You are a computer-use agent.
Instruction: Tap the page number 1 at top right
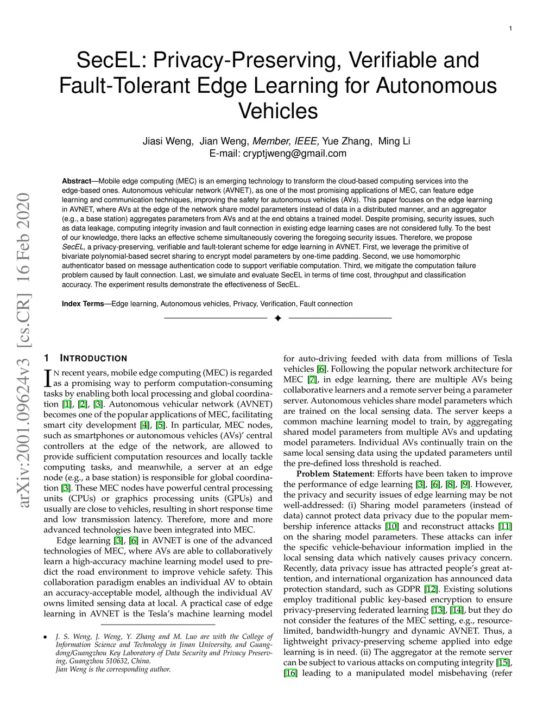[x=511, y=28]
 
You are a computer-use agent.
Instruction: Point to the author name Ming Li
[x=394, y=142]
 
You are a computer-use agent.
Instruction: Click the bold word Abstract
[x=76, y=181]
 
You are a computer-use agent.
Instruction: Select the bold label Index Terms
[x=83, y=304]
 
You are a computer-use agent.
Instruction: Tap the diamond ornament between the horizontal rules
[x=277, y=318]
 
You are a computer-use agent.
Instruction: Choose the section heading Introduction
[x=93, y=359]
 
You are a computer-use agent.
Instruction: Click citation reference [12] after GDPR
[x=431, y=589]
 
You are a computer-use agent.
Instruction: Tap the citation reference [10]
[x=391, y=526]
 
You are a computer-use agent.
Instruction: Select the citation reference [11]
[x=505, y=526]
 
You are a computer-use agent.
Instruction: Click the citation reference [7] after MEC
[x=312, y=380]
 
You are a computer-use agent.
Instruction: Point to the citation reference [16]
[x=290, y=673]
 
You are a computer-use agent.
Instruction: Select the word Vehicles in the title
[x=278, y=111]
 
